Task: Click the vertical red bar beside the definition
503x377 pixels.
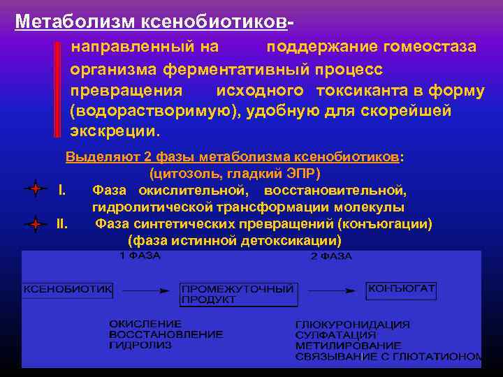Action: [x=57, y=89]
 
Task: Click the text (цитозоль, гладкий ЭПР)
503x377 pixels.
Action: [x=235, y=173]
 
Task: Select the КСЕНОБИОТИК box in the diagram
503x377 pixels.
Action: [x=68, y=289]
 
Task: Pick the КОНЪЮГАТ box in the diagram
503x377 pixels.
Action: [x=401, y=288]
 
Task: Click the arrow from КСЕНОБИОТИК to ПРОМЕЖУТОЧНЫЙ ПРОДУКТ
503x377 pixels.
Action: [x=145, y=290]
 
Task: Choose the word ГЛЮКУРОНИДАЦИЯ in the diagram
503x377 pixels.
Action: [x=353, y=325]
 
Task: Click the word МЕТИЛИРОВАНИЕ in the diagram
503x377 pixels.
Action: [x=349, y=346]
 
